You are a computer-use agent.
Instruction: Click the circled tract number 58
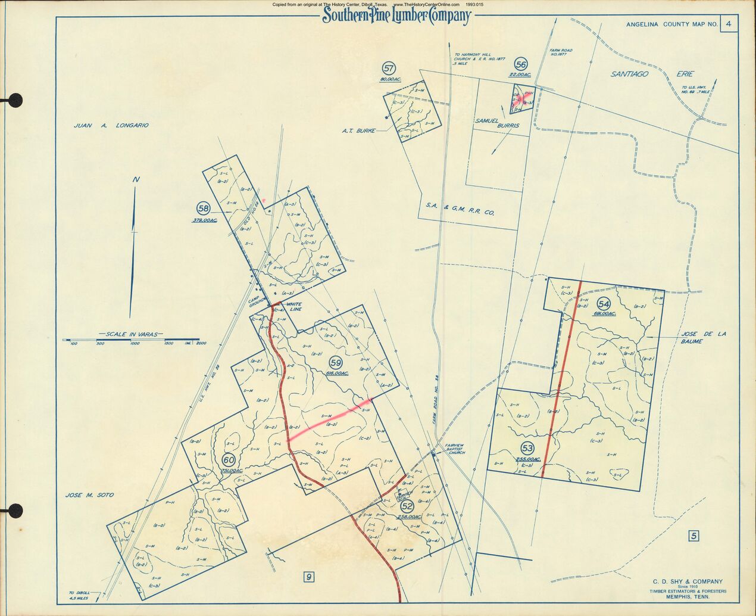click(204, 209)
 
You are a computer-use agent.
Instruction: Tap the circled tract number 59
click(336, 362)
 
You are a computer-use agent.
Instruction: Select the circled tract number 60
click(229, 460)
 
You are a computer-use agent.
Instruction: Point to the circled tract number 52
click(407, 506)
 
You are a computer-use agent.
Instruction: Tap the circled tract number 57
click(390, 68)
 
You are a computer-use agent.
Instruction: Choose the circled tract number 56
click(521, 64)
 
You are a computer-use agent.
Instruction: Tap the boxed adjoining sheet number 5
click(693, 536)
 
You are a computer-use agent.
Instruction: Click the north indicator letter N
click(136, 180)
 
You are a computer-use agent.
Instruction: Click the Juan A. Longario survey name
click(111, 126)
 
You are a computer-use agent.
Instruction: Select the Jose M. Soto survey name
click(89, 495)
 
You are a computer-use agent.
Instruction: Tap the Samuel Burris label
click(496, 123)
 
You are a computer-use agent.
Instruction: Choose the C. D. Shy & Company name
click(688, 581)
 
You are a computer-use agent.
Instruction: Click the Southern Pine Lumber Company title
click(396, 16)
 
